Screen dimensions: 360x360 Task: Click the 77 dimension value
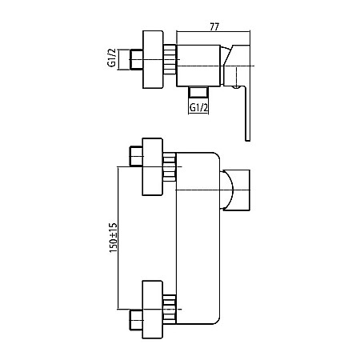(214, 26)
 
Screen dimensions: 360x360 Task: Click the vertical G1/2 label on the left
(112, 58)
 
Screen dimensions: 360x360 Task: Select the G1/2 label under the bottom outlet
(198, 108)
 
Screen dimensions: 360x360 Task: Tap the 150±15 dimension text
(113, 238)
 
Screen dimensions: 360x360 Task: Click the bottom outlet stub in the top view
(198, 92)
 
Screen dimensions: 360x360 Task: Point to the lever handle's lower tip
(248, 140)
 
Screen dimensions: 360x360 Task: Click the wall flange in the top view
(153, 59)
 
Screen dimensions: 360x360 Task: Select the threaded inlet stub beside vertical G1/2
(136, 60)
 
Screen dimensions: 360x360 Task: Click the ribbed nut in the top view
(170, 59)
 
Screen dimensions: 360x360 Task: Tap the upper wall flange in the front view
(153, 167)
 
